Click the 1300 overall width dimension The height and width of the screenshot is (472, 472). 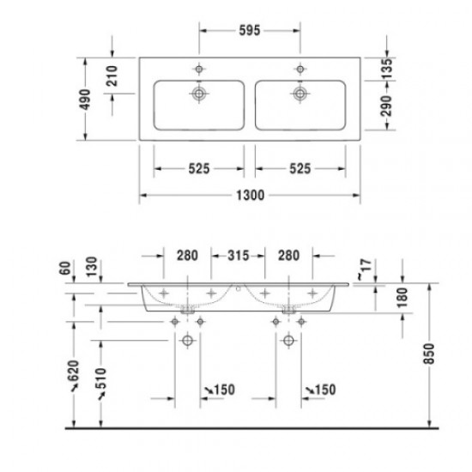(249, 197)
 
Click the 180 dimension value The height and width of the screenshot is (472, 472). (401, 297)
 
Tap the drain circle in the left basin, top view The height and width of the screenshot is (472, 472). (199, 92)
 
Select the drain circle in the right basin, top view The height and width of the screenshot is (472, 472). (300, 92)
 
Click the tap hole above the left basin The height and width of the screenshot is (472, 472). (199, 69)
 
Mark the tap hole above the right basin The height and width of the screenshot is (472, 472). (300, 69)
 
